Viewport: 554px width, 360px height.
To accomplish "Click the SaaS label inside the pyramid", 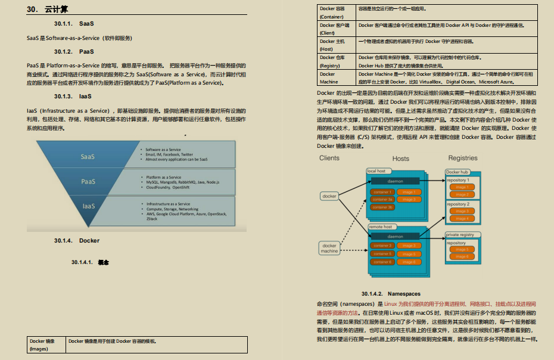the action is tap(88, 157).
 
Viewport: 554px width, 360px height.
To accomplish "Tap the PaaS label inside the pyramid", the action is tap(88, 181).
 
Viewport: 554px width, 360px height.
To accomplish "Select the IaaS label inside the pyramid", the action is tap(88, 206).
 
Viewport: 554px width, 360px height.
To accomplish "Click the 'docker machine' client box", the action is tap(329, 249).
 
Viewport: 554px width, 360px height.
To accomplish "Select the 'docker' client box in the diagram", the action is tap(329, 196).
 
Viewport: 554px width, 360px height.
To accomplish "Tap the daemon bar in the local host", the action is tap(396, 181).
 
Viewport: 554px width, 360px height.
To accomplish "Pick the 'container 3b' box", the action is tap(382, 207).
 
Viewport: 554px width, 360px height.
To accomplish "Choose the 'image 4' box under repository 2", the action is tap(461, 219).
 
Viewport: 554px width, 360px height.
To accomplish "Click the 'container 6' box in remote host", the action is tap(382, 262).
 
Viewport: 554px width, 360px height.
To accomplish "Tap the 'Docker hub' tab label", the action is tap(457, 172).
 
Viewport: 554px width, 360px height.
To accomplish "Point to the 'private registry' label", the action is tap(460, 235).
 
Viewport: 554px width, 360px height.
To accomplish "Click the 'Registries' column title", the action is tap(463, 159).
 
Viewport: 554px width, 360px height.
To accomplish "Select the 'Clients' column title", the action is tap(329, 158).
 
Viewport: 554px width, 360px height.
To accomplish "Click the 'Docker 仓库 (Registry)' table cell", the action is tap(337, 61).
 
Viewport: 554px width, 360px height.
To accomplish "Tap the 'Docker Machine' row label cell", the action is tap(337, 78).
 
